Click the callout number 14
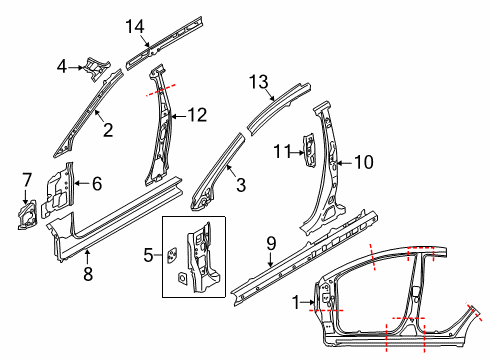135,26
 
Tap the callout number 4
62,66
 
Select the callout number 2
108,130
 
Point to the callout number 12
197,115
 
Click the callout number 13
259,82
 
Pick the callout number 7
27,180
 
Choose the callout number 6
97,184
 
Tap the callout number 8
88,274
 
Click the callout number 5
148,255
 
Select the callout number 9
271,243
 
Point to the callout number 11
283,152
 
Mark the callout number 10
364,162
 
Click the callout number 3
241,185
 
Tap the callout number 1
296,302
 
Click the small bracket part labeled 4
97,68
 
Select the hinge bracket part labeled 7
27,215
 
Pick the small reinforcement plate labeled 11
309,150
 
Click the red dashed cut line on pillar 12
161,90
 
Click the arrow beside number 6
82,183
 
